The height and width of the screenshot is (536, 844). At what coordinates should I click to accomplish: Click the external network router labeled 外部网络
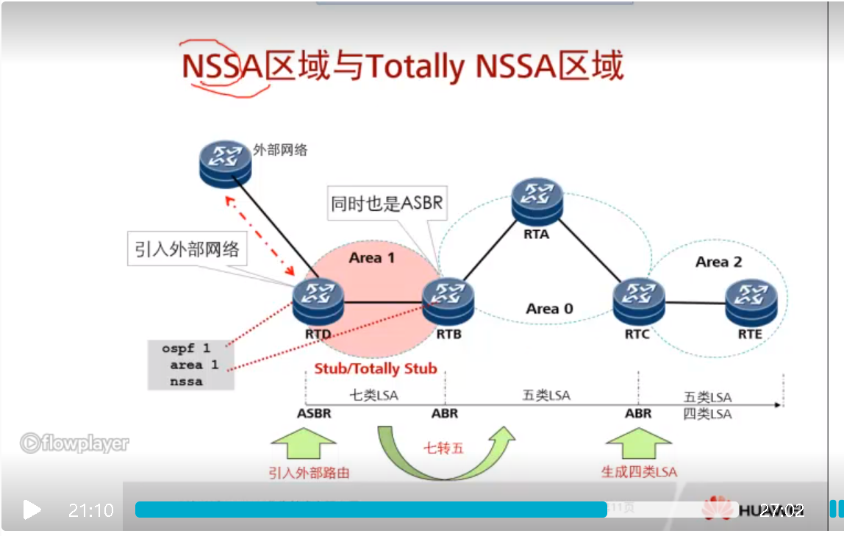(x=225, y=162)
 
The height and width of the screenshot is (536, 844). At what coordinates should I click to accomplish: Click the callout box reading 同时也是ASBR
(x=387, y=204)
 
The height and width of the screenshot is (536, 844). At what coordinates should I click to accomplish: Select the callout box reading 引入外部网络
(x=187, y=249)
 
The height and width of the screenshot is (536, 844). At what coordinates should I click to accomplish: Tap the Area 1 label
(x=372, y=258)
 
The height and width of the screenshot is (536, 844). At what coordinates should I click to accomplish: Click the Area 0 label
(x=549, y=309)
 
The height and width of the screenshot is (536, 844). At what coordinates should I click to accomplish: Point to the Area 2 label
(x=718, y=262)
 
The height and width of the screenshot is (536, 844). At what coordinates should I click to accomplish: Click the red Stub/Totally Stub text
(x=376, y=368)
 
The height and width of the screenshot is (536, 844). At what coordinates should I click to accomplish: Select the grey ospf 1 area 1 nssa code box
(x=190, y=365)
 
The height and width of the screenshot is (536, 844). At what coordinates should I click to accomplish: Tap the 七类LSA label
(x=373, y=396)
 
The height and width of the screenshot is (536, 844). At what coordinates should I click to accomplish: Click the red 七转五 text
(x=443, y=448)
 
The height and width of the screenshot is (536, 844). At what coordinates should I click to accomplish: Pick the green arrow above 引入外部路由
(x=304, y=445)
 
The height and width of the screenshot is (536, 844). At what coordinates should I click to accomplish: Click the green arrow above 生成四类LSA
(x=638, y=445)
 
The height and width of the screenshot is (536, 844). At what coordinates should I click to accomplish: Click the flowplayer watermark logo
(x=74, y=443)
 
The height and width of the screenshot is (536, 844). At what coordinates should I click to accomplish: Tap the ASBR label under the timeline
(x=314, y=413)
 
